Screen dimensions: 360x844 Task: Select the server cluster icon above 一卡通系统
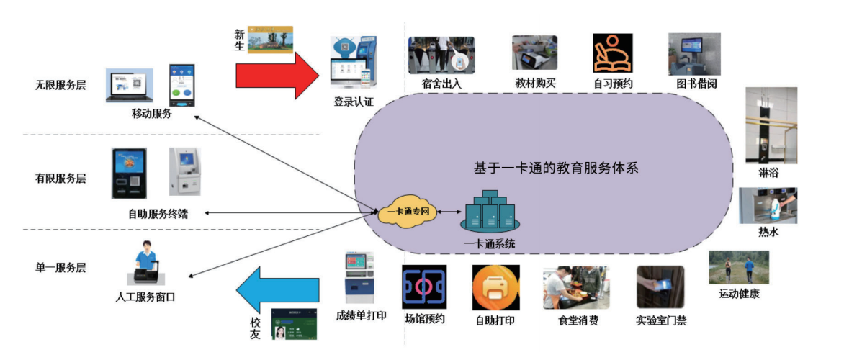(490, 213)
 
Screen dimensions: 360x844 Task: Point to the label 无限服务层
(60, 85)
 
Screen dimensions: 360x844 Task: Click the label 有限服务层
(60, 178)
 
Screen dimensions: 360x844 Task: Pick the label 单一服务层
(60, 268)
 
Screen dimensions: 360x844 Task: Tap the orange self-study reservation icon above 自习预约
(613, 53)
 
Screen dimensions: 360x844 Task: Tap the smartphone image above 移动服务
(181, 85)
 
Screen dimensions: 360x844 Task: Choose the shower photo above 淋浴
(771, 125)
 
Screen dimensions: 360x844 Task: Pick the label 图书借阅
(696, 84)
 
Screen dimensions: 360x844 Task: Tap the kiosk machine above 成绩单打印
(359, 278)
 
